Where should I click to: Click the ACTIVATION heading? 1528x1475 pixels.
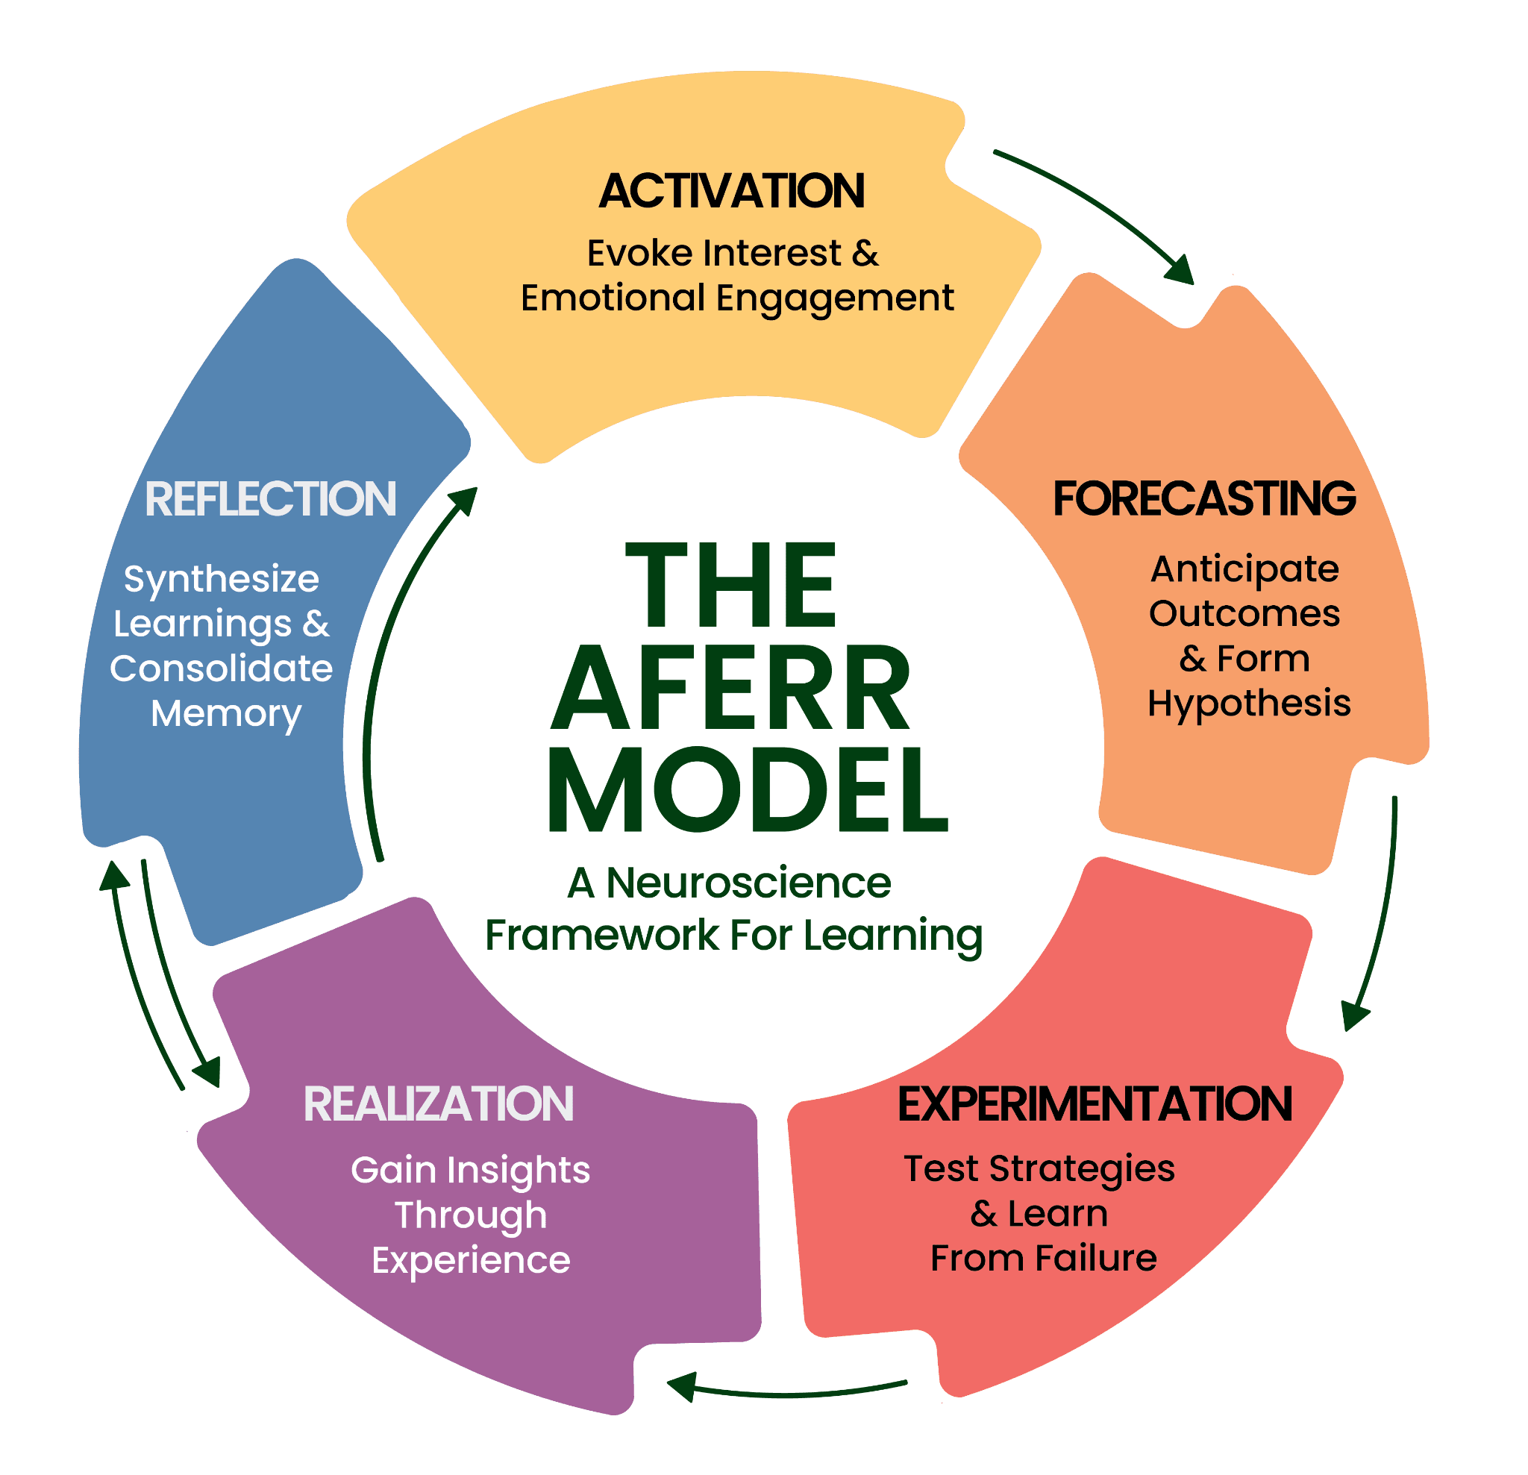click(731, 191)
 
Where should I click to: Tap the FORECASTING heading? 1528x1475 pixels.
click(1203, 498)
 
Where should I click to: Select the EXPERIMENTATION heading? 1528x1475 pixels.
click(1095, 1104)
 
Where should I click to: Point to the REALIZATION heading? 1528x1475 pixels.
click(438, 1104)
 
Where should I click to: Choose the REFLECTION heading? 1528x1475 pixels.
click(271, 499)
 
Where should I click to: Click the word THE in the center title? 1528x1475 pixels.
click(731, 586)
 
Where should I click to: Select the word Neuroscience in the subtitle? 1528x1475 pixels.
click(748, 883)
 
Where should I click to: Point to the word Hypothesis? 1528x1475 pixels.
click(1249, 704)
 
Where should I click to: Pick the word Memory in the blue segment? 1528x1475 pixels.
click(226, 713)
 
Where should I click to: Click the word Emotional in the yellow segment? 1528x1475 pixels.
click(613, 298)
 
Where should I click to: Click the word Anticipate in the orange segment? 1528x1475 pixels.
click(1245, 570)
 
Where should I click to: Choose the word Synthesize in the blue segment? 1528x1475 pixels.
click(222, 579)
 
